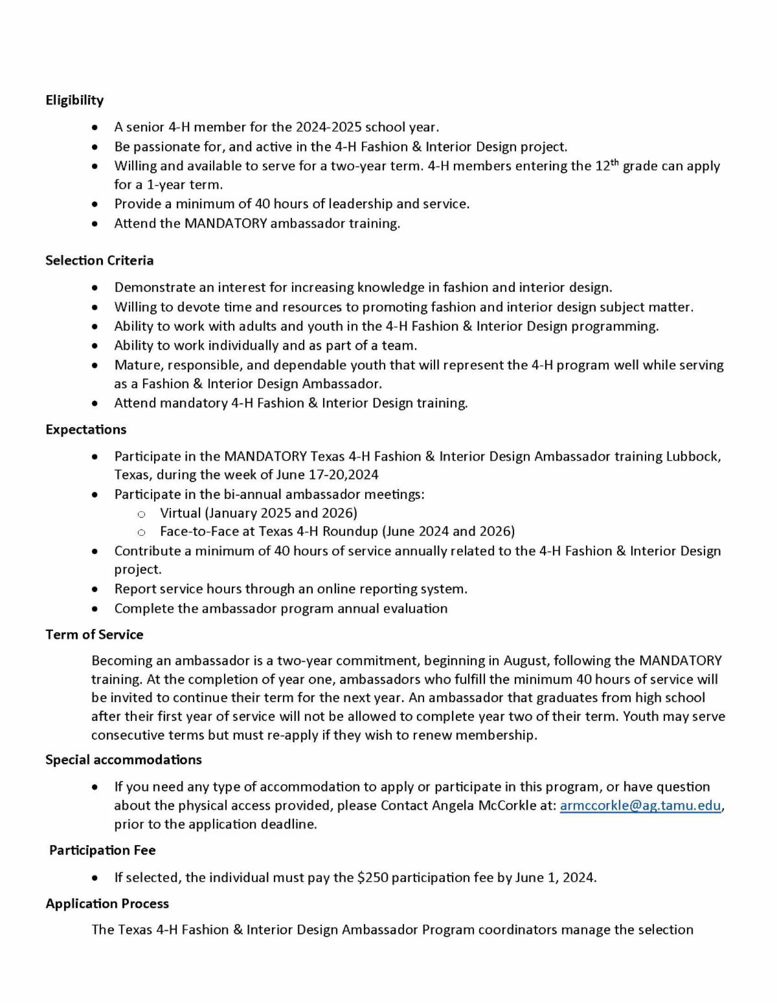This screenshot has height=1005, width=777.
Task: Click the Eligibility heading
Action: (x=74, y=100)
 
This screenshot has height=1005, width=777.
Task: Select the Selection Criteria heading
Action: (x=99, y=261)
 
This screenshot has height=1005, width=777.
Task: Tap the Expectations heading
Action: (x=85, y=430)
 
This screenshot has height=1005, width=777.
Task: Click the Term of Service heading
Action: (x=94, y=635)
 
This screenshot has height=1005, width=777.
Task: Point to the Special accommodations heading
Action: (x=123, y=760)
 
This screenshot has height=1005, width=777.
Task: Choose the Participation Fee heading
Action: (x=102, y=850)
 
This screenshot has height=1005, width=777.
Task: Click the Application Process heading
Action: (x=107, y=904)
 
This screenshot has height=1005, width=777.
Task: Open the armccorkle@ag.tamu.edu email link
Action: (x=640, y=806)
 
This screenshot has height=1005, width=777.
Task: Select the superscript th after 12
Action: (x=615, y=162)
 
